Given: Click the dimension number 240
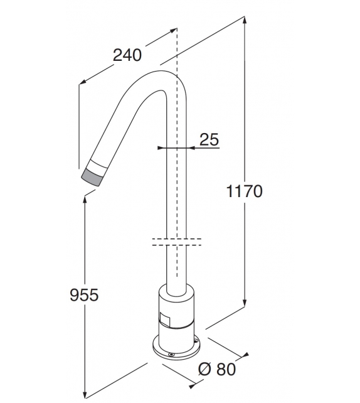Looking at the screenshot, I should (x=127, y=55).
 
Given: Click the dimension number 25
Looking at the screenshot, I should (x=209, y=139).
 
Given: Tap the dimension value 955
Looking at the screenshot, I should (x=84, y=294).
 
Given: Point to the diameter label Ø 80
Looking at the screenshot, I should (x=216, y=369).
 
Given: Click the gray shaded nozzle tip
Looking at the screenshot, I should (x=92, y=176).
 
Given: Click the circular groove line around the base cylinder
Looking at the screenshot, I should (x=177, y=326).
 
